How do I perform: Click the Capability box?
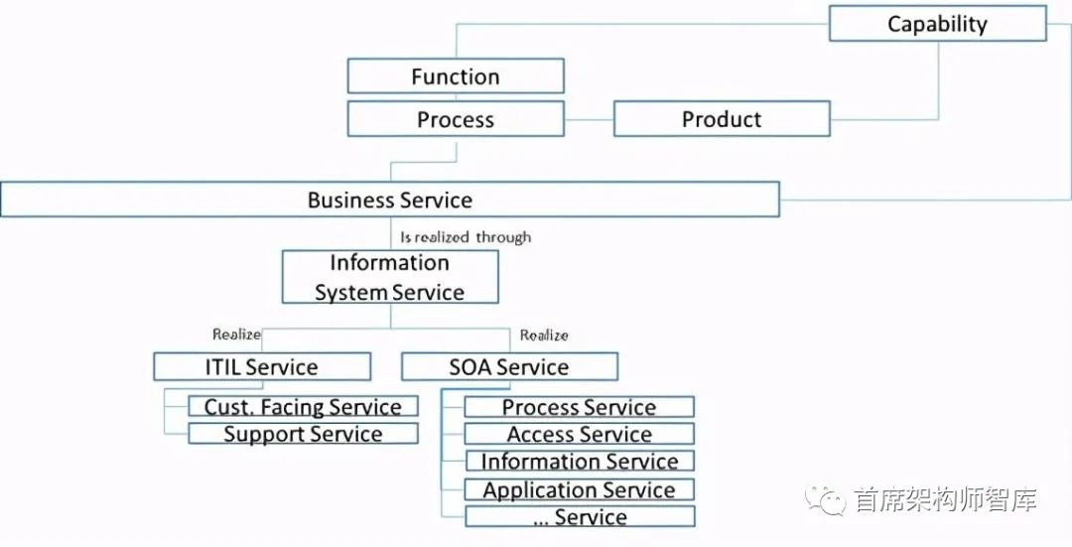937,23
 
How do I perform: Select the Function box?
456,75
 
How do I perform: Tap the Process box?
456,119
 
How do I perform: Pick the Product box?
722,119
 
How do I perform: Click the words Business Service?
390,200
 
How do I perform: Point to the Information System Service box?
390,277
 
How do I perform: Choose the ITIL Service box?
262,366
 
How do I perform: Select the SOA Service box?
509,366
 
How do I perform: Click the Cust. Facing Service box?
303,406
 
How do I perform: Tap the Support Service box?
303,434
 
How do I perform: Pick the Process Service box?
579,407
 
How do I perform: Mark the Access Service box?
579,434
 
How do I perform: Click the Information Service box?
579,461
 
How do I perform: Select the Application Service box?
579,489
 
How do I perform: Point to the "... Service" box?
580,516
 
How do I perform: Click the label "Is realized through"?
466,237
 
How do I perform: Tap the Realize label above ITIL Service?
236,335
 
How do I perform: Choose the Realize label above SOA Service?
544,335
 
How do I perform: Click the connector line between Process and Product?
590,119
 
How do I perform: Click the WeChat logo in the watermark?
825,499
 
